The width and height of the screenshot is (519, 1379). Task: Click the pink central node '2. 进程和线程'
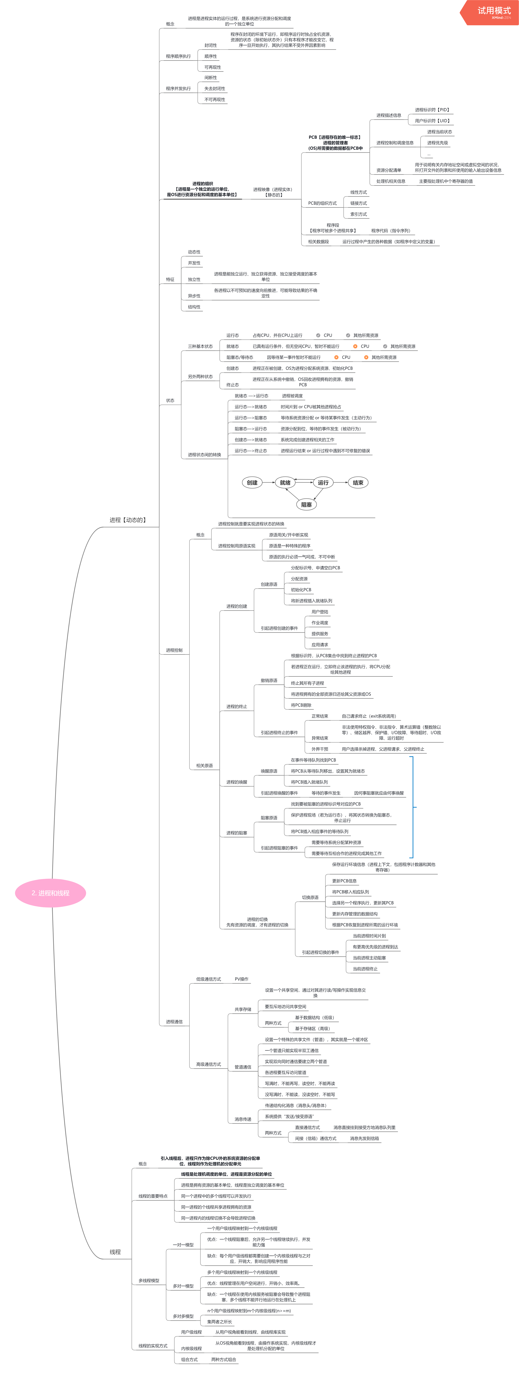[x=50, y=893]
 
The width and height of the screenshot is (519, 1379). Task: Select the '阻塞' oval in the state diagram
[x=306, y=504]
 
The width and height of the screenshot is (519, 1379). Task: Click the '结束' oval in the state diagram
[x=358, y=482]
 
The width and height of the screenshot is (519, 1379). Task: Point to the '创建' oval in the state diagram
[x=252, y=482]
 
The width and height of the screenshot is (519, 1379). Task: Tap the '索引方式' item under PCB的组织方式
[x=358, y=214]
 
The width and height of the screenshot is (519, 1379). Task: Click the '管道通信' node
[x=243, y=1067]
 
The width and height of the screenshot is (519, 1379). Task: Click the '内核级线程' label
[x=191, y=1348]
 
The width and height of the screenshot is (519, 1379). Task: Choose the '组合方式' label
[x=189, y=1360]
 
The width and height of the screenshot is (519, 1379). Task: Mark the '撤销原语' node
[x=269, y=680]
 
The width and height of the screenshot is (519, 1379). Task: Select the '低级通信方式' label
[x=208, y=979]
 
